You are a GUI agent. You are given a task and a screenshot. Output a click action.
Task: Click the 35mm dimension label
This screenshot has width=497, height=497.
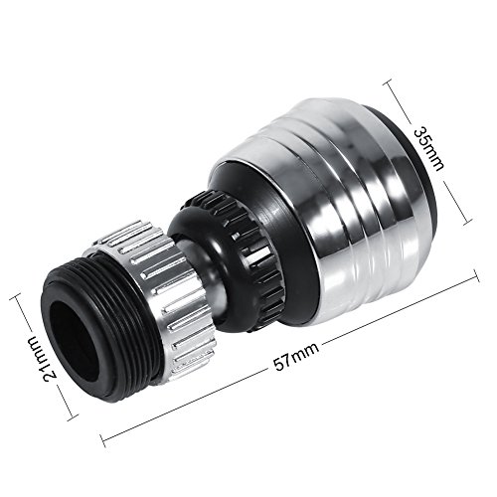428,149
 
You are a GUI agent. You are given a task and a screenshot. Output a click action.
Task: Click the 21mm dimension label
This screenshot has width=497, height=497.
47,359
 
